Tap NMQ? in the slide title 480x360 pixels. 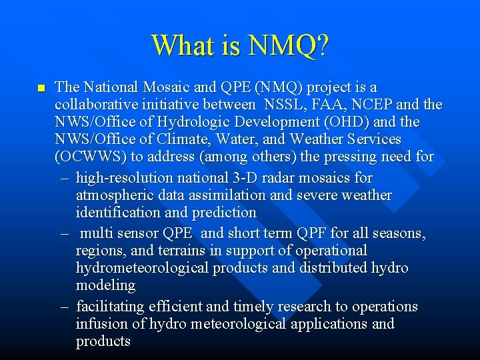288,46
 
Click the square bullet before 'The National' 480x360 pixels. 40,88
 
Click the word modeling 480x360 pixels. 105,285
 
